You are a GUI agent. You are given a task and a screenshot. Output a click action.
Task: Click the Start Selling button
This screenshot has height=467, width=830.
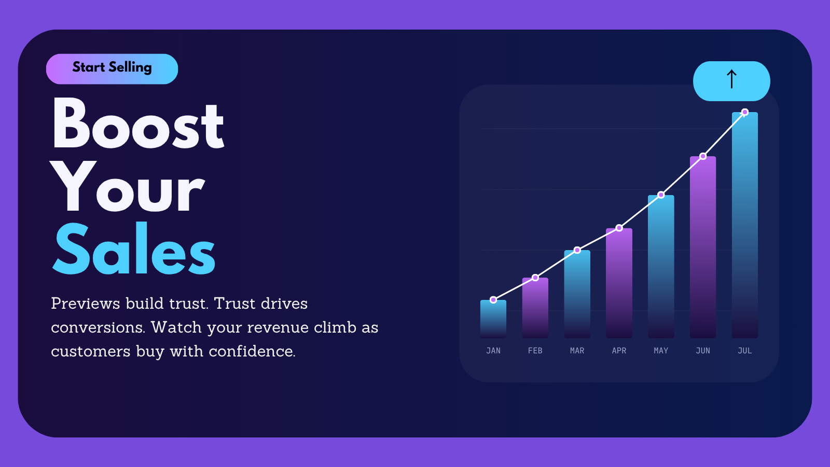coord(112,69)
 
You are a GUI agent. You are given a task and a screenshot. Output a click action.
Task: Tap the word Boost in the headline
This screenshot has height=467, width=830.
coord(138,123)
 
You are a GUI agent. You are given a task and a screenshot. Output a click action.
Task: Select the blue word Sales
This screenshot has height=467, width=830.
coord(134,249)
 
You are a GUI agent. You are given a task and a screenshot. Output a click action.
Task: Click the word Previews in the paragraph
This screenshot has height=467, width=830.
coord(86,304)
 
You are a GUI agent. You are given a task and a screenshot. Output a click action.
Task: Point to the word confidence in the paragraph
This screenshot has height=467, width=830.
coord(252,351)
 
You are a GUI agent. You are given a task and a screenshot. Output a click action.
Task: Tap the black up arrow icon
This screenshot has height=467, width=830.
coord(731,79)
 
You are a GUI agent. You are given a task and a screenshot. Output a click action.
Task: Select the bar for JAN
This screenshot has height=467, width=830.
coord(493,319)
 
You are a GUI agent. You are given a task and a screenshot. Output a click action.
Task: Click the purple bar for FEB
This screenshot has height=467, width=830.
coord(535,308)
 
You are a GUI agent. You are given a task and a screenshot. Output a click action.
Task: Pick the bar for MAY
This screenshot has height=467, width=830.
coord(661,267)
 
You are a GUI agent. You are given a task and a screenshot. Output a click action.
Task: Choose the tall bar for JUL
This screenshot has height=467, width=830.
coord(745,225)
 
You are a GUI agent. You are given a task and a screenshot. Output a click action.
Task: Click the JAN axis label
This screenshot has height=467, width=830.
coord(493,351)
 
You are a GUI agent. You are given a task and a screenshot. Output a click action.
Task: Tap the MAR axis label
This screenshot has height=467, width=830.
coord(577,351)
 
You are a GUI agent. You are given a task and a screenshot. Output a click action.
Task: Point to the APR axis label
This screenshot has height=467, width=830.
coord(619,351)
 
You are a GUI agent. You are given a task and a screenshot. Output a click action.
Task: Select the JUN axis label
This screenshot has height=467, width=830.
coord(703,351)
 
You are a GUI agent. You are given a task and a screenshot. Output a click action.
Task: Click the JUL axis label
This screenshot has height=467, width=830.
coord(745,351)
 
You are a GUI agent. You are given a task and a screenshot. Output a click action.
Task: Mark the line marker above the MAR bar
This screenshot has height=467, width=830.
coord(577,250)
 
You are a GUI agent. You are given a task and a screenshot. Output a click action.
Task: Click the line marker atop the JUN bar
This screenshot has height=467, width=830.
coord(703,156)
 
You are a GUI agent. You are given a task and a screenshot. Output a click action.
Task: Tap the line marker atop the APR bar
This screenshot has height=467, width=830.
coord(619,228)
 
